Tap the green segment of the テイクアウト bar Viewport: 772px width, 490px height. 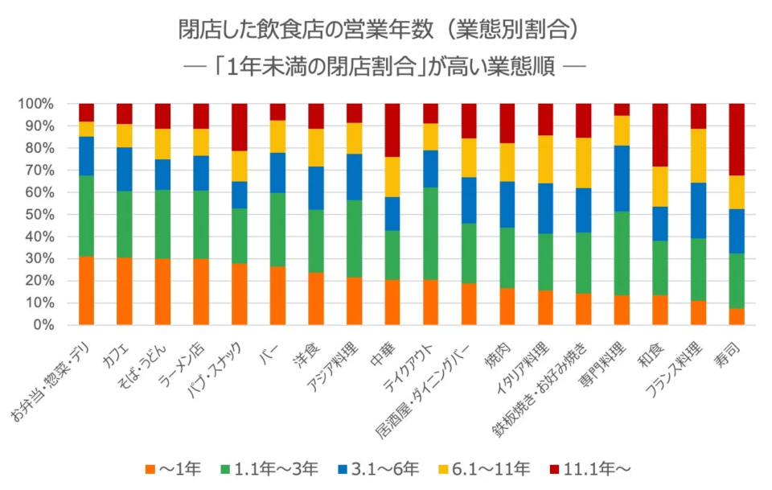click(430, 233)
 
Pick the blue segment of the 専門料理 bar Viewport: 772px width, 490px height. click(622, 179)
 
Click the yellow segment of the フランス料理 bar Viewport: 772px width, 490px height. click(698, 155)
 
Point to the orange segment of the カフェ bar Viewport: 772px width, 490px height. click(124, 291)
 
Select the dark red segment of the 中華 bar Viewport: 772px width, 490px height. click(392, 130)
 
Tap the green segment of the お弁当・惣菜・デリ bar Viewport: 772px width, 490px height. click(86, 216)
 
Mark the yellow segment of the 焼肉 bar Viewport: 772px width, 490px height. click(507, 162)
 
